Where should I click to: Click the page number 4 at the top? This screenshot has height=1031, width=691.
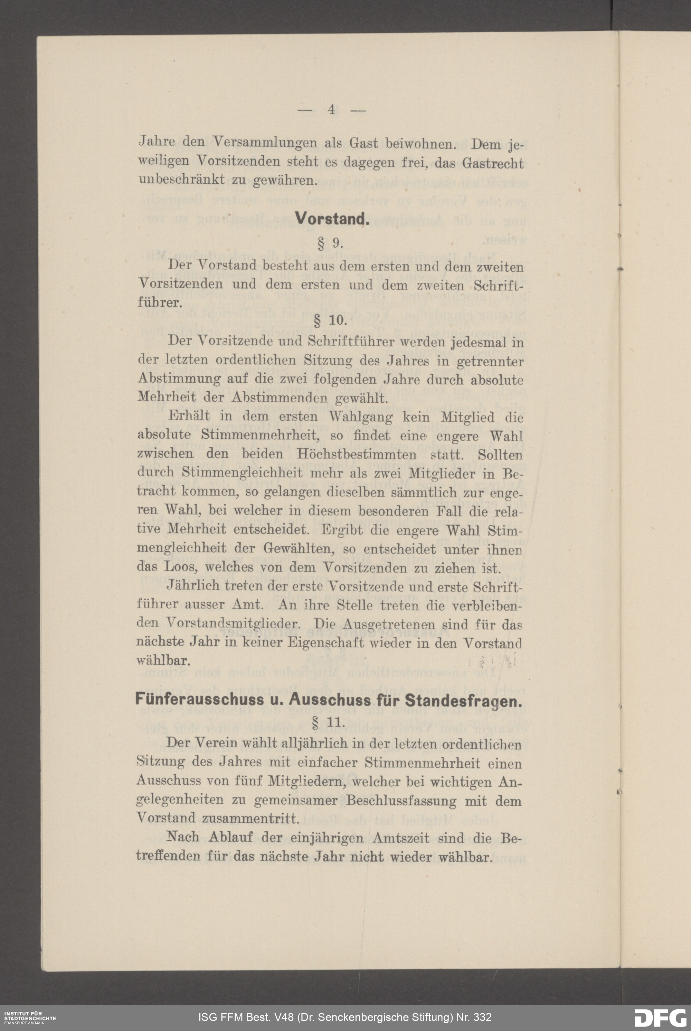pyautogui.click(x=332, y=110)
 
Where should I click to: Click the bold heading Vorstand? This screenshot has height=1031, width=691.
pyautogui.click(x=332, y=219)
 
